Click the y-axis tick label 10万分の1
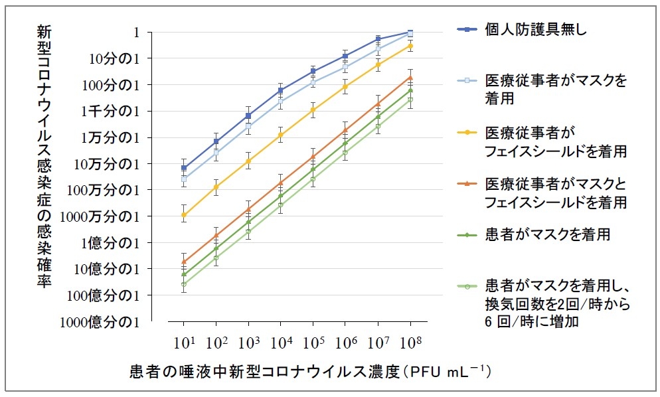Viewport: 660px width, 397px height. pos(114,164)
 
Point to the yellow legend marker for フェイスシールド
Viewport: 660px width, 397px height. pos(470,132)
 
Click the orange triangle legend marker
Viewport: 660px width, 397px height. pos(470,183)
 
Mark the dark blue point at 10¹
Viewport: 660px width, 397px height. pos(183,168)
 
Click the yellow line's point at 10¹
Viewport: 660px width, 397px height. pos(183,215)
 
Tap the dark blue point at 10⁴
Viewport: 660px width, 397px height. pos(281,90)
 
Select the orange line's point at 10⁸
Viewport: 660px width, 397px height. pos(410,77)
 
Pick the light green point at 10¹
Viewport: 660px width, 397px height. pos(183,284)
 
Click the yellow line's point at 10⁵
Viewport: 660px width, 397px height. pos(313,110)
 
